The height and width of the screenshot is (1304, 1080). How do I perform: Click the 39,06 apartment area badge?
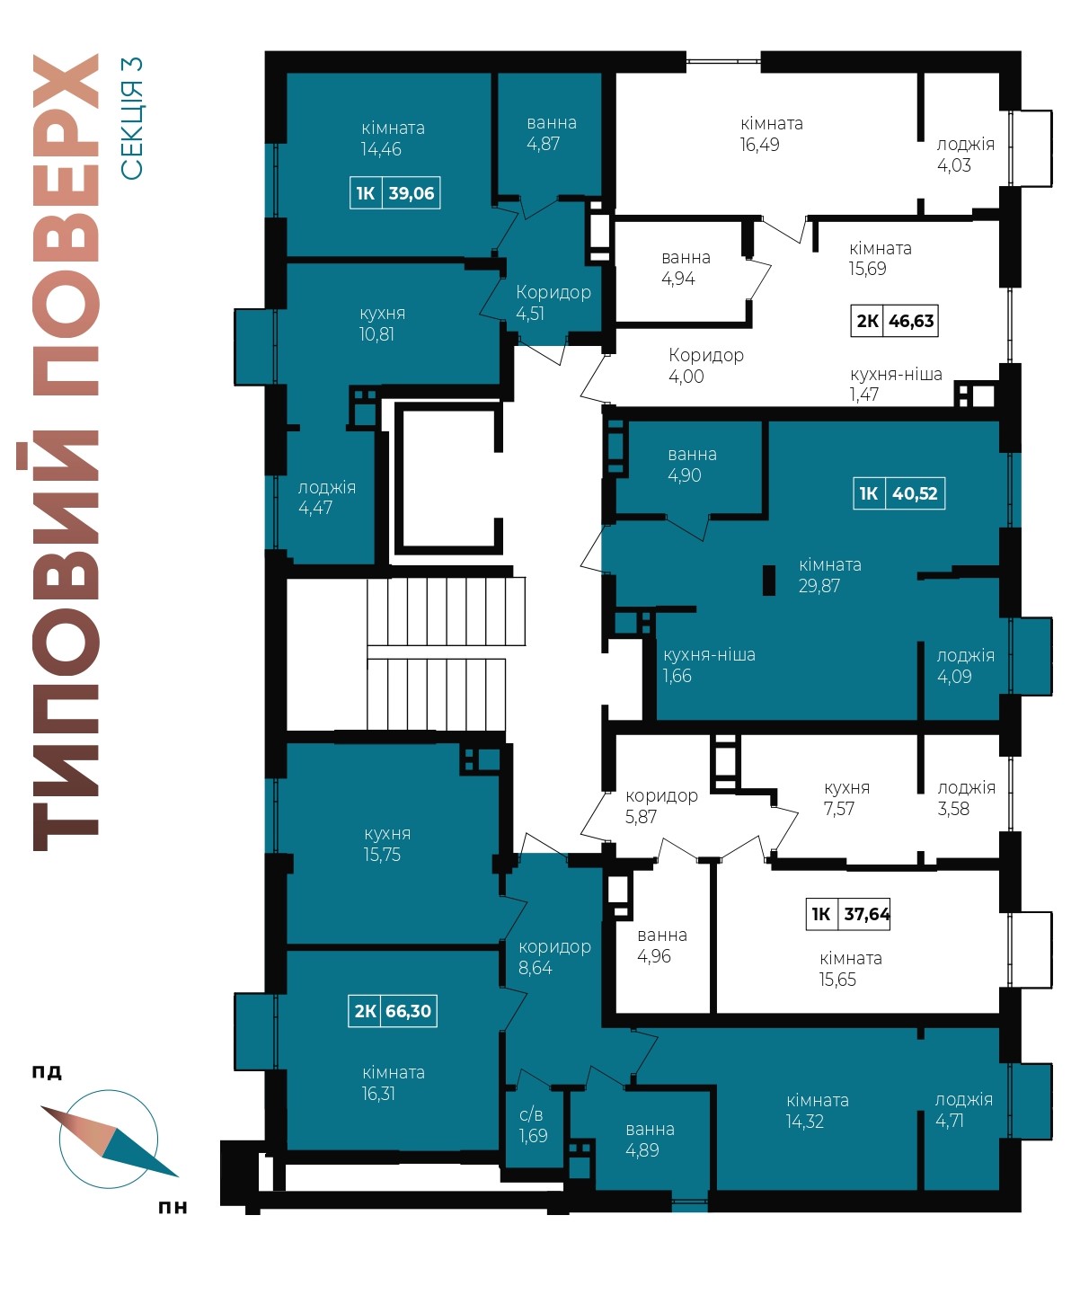point(394,193)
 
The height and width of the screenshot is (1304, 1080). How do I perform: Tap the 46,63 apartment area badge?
point(895,320)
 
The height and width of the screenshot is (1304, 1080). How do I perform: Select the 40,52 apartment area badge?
point(899,493)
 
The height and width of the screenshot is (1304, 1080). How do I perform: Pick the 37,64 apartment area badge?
point(848,914)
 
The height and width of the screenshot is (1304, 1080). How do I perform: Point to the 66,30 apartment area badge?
point(392,1010)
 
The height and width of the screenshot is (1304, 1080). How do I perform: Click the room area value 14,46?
point(381,149)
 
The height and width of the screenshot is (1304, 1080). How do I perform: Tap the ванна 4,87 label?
point(552,133)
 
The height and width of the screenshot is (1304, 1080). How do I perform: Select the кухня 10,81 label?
point(382,324)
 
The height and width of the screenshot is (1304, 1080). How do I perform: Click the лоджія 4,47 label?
point(326,497)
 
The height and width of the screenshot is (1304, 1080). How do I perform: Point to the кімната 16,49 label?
point(772,134)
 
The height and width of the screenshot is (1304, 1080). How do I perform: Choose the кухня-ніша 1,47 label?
point(896,384)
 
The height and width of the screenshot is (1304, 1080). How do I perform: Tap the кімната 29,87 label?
point(829,575)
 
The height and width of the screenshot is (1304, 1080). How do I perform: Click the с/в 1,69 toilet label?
point(533,1125)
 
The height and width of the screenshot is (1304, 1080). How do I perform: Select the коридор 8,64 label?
point(554,957)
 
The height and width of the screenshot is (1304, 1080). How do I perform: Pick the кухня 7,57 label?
point(846,798)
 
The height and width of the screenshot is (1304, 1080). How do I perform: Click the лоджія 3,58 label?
point(966,798)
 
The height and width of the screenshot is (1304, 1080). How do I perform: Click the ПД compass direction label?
point(47,1072)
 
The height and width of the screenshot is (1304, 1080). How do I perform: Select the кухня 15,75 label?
point(387,844)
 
